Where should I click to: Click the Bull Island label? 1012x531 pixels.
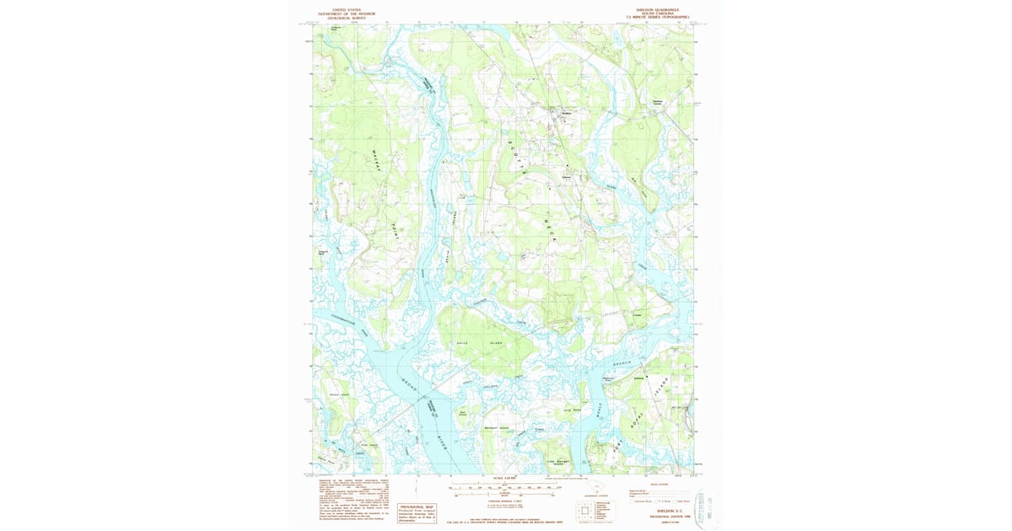(463, 413)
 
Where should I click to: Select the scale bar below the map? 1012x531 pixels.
(503, 487)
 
